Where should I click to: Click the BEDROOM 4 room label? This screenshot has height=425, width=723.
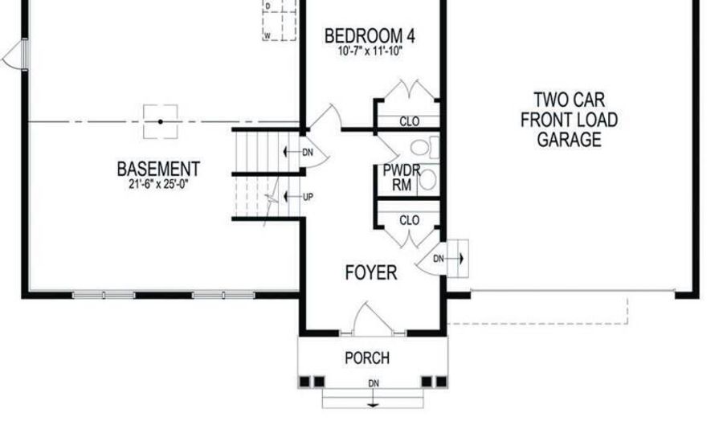click(x=370, y=36)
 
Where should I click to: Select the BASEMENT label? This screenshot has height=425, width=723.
click(x=158, y=170)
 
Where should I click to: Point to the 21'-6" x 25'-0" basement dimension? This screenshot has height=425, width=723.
click(x=158, y=184)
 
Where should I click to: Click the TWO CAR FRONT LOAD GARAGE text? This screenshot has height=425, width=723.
click(x=570, y=121)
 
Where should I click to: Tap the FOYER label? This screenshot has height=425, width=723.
click(x=370, y=273)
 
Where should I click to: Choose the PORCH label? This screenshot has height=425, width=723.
click(x=367, y=358)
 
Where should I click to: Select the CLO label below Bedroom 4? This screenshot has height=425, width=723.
click(x=410, y=122)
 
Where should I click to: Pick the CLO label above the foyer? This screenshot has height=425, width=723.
click(x=409, y=220)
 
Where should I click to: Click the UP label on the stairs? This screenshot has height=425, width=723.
click(x=308, y=196)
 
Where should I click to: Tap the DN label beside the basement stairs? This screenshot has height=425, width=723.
click(x=308, y=153)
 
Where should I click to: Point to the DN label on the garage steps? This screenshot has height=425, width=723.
click(x=439, y=259)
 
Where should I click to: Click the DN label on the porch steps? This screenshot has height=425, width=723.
click(x=373, y=383)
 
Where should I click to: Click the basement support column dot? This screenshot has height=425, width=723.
click(x=160, y=121)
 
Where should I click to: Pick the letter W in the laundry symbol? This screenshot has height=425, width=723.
click(x=267, y=35)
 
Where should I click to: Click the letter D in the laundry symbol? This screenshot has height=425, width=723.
click(x=268, y=5)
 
